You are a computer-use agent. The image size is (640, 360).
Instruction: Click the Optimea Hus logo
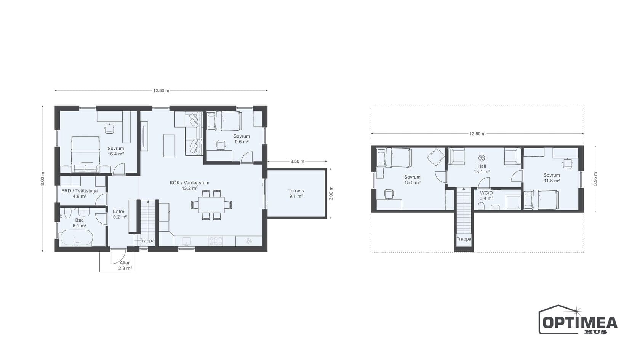pos(578,319)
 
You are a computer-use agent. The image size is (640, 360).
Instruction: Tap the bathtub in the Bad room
pos(76,238)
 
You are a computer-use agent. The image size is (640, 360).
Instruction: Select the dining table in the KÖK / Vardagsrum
pos(211,205)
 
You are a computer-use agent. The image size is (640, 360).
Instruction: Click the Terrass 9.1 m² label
pos(296,194)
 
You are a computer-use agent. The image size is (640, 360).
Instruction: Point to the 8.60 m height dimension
pos(43,179)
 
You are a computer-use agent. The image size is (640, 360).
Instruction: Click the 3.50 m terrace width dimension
pos(298,162)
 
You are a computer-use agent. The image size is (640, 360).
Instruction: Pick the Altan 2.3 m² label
pos(125,266)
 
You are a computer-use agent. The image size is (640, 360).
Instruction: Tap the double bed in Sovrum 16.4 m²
pos(85,154)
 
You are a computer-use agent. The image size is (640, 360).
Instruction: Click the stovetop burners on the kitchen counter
pos(216,241)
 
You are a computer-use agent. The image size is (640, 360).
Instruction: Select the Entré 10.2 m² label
pos(118,214)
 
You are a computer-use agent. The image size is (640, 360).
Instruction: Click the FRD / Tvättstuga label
pos(79,191)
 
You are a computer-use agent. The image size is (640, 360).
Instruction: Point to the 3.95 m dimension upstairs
pos(595,179)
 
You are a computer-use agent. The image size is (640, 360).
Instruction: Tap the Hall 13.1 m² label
pos(482,169)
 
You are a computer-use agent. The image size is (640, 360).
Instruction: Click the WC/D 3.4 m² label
pos(486,196)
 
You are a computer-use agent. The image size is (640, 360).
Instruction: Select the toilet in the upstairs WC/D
pos(481,206)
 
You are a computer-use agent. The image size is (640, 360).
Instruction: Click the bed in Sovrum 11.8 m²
pos(541,200)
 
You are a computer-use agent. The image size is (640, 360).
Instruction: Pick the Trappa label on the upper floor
pos(464,239)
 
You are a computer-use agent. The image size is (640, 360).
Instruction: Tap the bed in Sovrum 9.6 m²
pos(224,121)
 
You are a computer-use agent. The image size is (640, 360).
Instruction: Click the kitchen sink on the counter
pos(186,241)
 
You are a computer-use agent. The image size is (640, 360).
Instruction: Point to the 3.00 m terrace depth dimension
pos(331,194)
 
